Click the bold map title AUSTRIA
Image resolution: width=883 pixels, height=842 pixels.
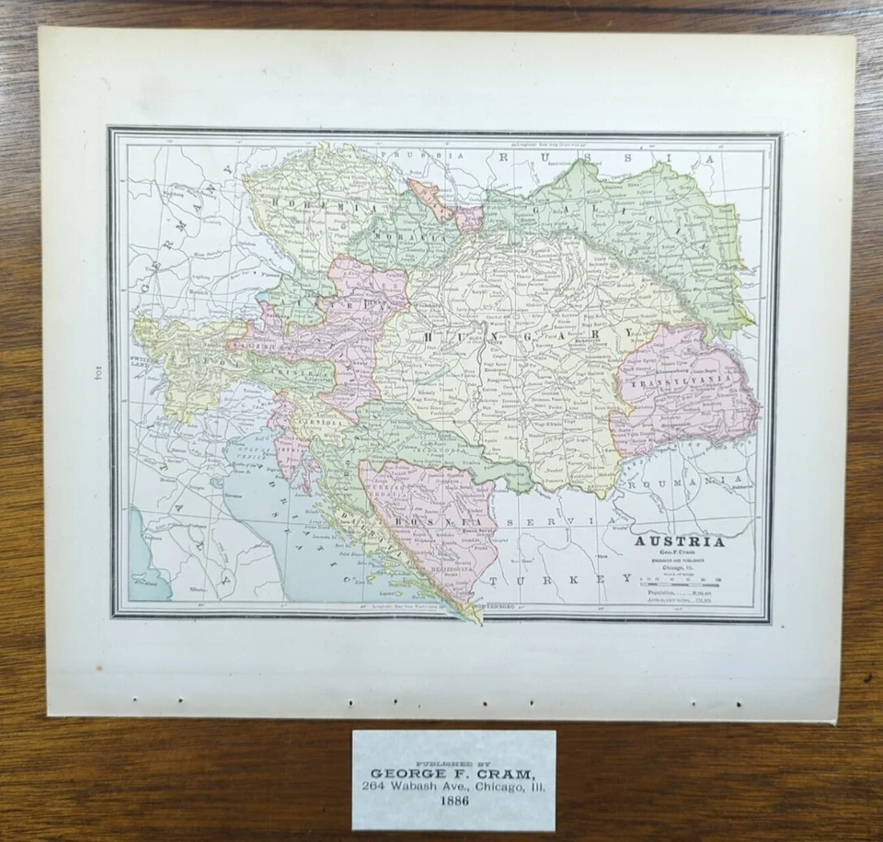tap(680, 541)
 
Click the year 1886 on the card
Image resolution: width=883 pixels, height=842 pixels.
tap(453, 799)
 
